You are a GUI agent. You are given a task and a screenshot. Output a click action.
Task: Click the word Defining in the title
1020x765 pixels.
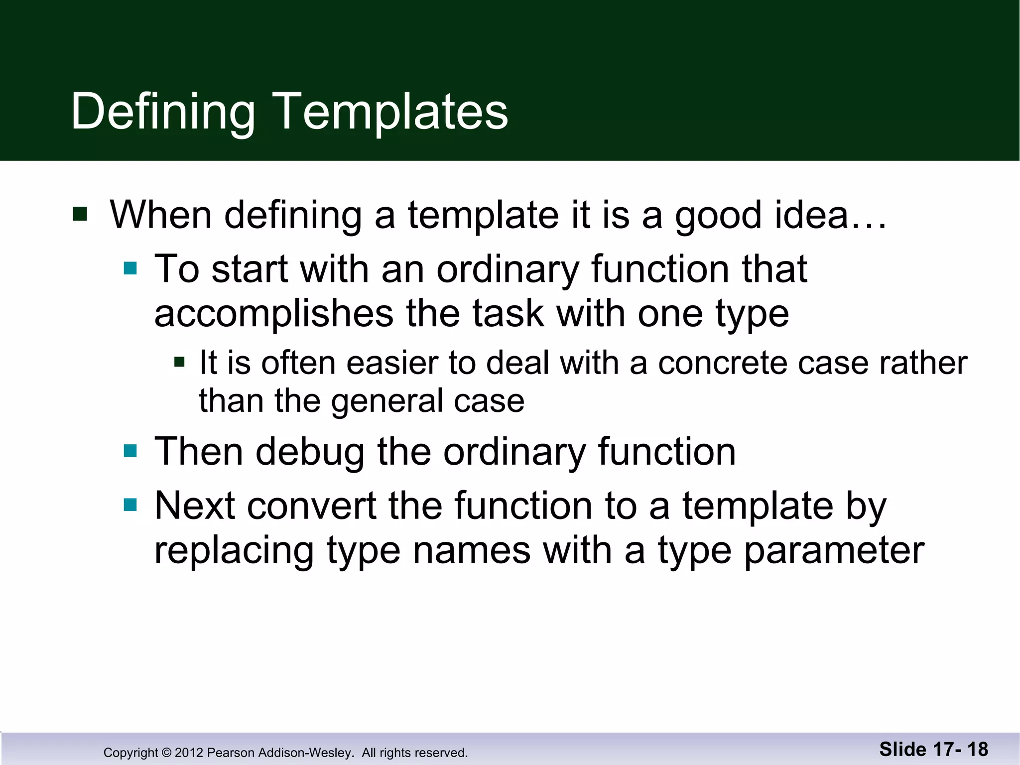[163, 112]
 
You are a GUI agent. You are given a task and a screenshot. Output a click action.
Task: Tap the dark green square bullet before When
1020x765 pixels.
[80, 214]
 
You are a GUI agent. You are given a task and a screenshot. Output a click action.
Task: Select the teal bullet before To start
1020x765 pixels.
[130, 268]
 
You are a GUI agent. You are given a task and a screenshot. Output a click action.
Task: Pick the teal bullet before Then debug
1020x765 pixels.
[130, 451]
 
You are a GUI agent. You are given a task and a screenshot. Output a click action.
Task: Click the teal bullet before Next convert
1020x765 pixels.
[130, 506]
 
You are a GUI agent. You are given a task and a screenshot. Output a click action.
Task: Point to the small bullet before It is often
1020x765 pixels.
[179, 362]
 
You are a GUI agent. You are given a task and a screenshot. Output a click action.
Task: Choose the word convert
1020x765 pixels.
[311, 506]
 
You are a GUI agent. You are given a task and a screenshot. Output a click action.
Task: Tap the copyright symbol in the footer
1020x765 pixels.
[167, 753]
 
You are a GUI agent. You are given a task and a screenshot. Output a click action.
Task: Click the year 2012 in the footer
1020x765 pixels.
[189, 753]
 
